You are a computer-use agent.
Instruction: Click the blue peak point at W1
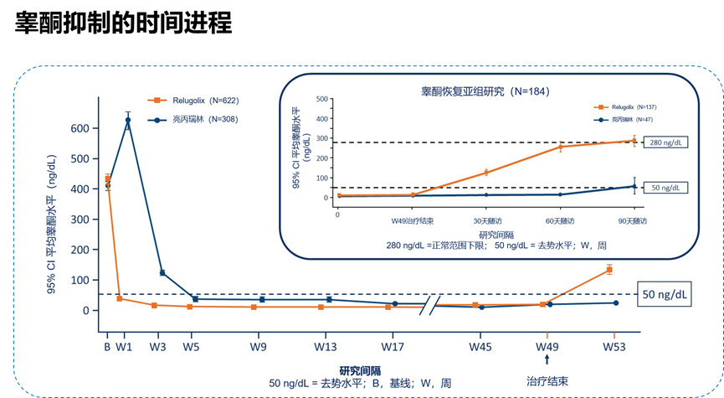coord(128,121)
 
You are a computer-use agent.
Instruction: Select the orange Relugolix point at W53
coord(609,269)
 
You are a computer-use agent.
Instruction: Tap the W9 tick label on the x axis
coord(261,346)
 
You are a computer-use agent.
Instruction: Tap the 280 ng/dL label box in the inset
coord(667,142)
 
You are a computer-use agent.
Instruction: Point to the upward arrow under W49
coord(547,359)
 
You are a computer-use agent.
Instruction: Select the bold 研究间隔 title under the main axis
coord(360,370)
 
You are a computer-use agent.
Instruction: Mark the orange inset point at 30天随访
coord(485,173)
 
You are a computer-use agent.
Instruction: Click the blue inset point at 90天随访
coord(634,186)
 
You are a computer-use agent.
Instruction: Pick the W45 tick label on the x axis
coord(480,346)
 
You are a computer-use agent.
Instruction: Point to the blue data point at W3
coord(162,272)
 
